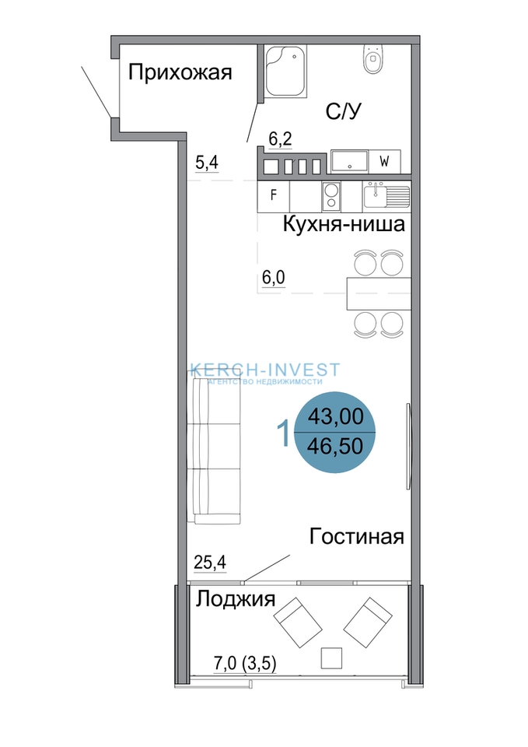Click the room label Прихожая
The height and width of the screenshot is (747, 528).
pos(180,73)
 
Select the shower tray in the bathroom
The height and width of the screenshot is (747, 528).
pos(285,71)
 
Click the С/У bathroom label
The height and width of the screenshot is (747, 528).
pos(343,111)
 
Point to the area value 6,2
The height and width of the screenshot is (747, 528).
pos(280,139)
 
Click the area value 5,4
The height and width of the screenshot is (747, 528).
pos(207,163)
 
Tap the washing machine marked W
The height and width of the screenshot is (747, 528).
pos(384,162)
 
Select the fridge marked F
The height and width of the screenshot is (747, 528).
pos(273,195)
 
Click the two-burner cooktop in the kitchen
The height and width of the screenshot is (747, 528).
pos(331,197)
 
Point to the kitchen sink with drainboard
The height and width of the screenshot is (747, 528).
pos(386,196)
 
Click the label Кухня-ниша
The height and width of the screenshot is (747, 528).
pos(344,224)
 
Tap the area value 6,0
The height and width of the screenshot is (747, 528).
pos(274,277)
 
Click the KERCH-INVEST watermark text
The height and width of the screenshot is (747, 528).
pos(265,370)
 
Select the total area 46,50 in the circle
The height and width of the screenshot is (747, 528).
pos(335,447)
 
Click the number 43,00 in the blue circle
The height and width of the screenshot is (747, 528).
pos(335,416)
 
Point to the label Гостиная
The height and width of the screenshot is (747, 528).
pos(357,536)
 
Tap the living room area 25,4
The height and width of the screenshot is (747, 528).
pos(210,563)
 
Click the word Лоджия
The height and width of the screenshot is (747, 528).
pos(236,599)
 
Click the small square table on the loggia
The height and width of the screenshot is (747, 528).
pos(331,658)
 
